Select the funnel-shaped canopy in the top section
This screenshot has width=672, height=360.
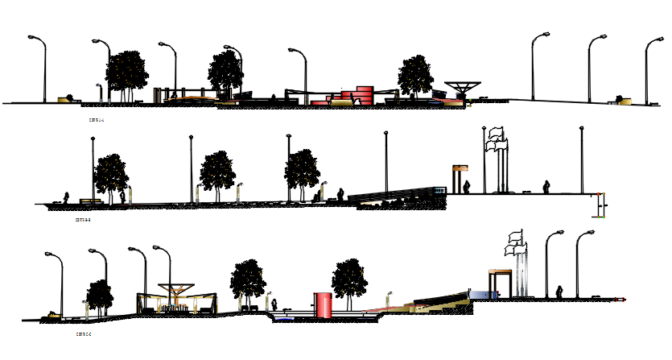coord(463,87)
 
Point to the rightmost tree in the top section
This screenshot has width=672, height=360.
coord(415,76)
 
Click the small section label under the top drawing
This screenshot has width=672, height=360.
coord(97,120)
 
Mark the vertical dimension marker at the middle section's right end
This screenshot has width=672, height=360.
coord(600,205)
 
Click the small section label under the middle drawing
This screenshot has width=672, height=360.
coord(82,219)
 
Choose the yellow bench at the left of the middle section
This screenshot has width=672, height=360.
coord(89,200)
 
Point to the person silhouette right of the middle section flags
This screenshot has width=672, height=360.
coord(547,186)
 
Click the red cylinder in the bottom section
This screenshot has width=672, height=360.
coord(324,304)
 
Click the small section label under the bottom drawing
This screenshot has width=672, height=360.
coord(83,333)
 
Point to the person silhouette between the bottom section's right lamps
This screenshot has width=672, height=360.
coord(560,290)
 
